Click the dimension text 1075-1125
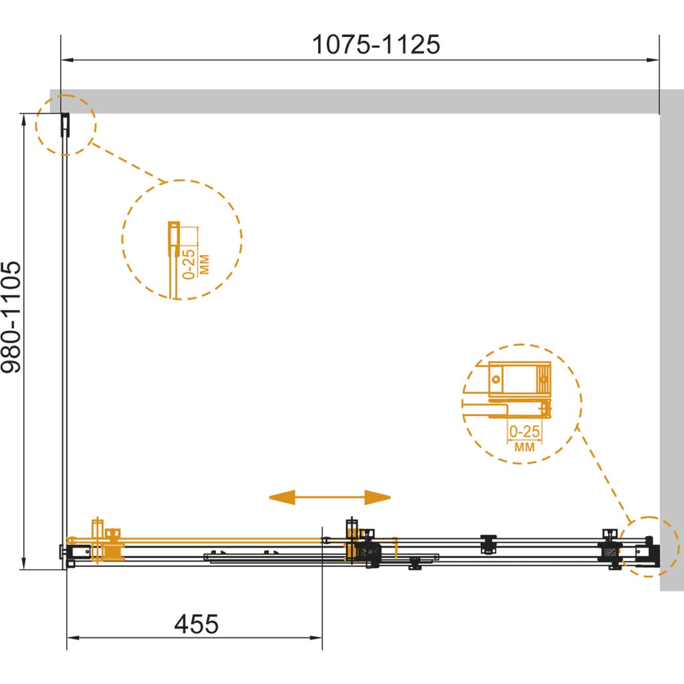(x=376, y=44)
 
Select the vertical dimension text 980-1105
(x=11, y=317)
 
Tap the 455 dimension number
(x=196, y=624)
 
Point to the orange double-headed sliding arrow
(x=330, y=497)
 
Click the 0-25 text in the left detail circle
(x=189, y=264)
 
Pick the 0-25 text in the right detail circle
(x=525, y=432)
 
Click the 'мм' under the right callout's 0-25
(x=525, y=447)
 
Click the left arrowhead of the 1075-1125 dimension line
(x=67, y=60)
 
